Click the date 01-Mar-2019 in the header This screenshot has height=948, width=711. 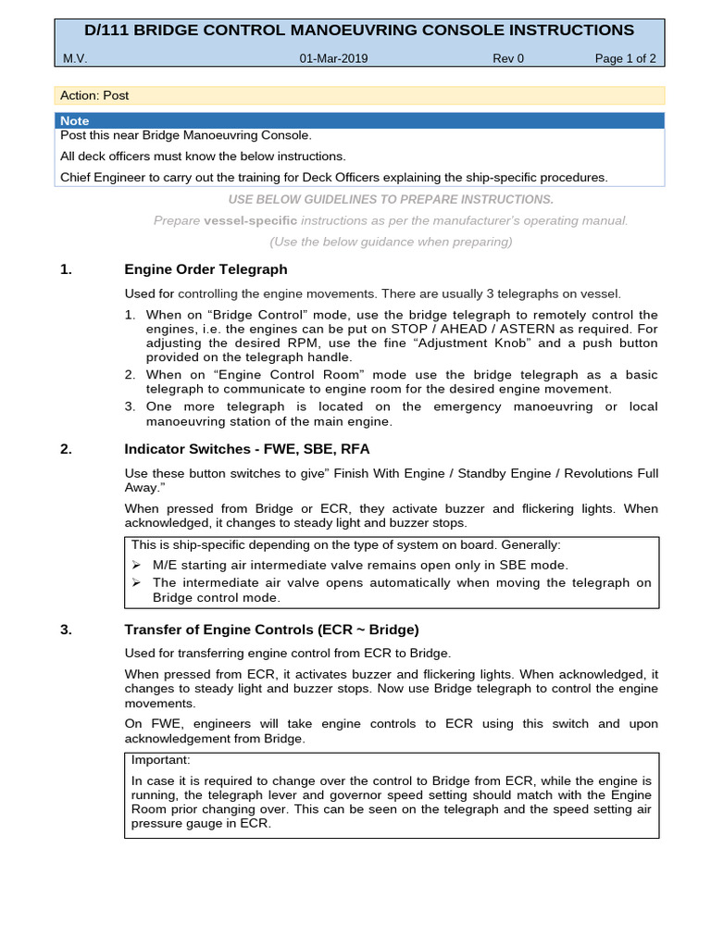click(333, 58)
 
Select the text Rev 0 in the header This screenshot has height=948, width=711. click(508, 58)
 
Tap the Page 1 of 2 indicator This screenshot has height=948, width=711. click(625, 58)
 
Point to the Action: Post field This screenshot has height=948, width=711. click(94, 95)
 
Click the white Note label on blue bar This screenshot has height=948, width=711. click(75, 121)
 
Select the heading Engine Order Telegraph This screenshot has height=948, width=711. click(206, 269)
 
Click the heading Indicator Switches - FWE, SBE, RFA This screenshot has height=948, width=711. click(245, 449)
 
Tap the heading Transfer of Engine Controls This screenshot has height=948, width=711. click(271, 630)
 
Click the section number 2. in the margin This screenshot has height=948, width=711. click(66, 449)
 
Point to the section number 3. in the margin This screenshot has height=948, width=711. click(66, 630)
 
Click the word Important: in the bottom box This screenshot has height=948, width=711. click(161, 759)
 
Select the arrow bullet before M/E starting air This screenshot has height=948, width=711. click(136, 565)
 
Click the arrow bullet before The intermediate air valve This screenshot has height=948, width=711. click(136, 582)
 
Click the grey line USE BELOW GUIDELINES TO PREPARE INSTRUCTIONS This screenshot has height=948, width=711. click(390, 199)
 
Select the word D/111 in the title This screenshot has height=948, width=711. click(108, 31)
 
